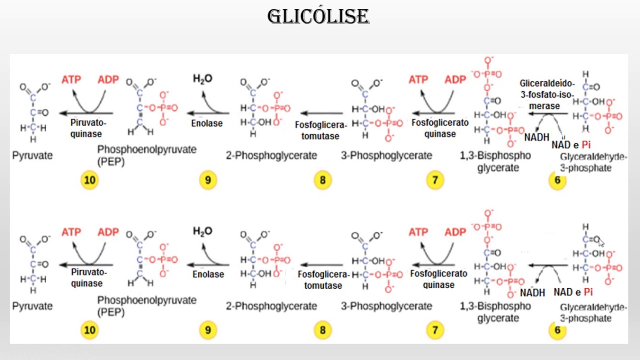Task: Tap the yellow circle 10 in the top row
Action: point(89,180)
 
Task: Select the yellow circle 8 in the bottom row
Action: point(323,330)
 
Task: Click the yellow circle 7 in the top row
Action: point(435,180)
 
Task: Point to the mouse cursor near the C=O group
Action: point(601,242)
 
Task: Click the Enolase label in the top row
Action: point(207,123)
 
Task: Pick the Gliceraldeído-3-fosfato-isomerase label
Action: point(546,94)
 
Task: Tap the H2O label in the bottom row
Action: point(202,231)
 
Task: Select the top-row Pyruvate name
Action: point(32,155)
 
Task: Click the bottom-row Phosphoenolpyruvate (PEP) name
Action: point(147,306)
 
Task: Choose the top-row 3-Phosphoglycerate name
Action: point(386,155)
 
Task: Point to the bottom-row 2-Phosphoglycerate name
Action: point(271,306)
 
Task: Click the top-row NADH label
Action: point(537,137)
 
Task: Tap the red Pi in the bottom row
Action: point(588,292)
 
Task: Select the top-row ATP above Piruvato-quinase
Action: point(71,79)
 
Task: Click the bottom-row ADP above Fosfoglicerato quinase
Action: point(455,232)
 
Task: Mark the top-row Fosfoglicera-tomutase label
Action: point(321,130)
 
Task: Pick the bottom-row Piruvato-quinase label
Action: point(89,277)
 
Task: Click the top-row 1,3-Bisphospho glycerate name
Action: point(495,161)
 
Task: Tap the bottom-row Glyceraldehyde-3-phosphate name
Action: point(593,312)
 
